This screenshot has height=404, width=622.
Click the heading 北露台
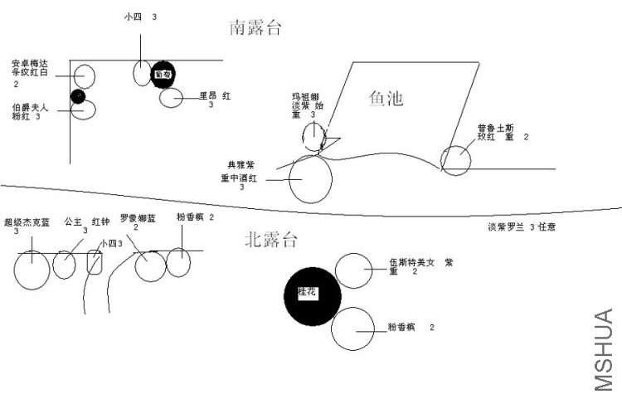(x=270, y=241)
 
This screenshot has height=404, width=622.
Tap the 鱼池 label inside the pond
(x=386, y=99)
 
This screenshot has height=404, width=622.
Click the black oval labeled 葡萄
(x=163, y=73)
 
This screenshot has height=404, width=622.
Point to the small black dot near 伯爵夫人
(x=78, y=97)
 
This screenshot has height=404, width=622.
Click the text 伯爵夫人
(x=30, y=108)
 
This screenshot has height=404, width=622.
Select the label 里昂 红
(x=214, y=95)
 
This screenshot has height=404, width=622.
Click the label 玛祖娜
(x=304, y=95)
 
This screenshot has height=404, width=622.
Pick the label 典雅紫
(x=241, y=164)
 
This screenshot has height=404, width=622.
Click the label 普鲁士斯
(x=495, y=128)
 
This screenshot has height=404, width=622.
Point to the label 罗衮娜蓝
(x=138, y=218)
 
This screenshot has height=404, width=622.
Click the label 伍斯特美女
(x=412, y=263)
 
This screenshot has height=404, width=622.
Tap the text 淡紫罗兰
(x=507, y=226)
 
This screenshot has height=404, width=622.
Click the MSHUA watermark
(x=605, y=348)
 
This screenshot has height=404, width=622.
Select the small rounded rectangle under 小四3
(x=95, y=262)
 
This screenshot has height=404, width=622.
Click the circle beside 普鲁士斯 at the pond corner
(x=455, y=160)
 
